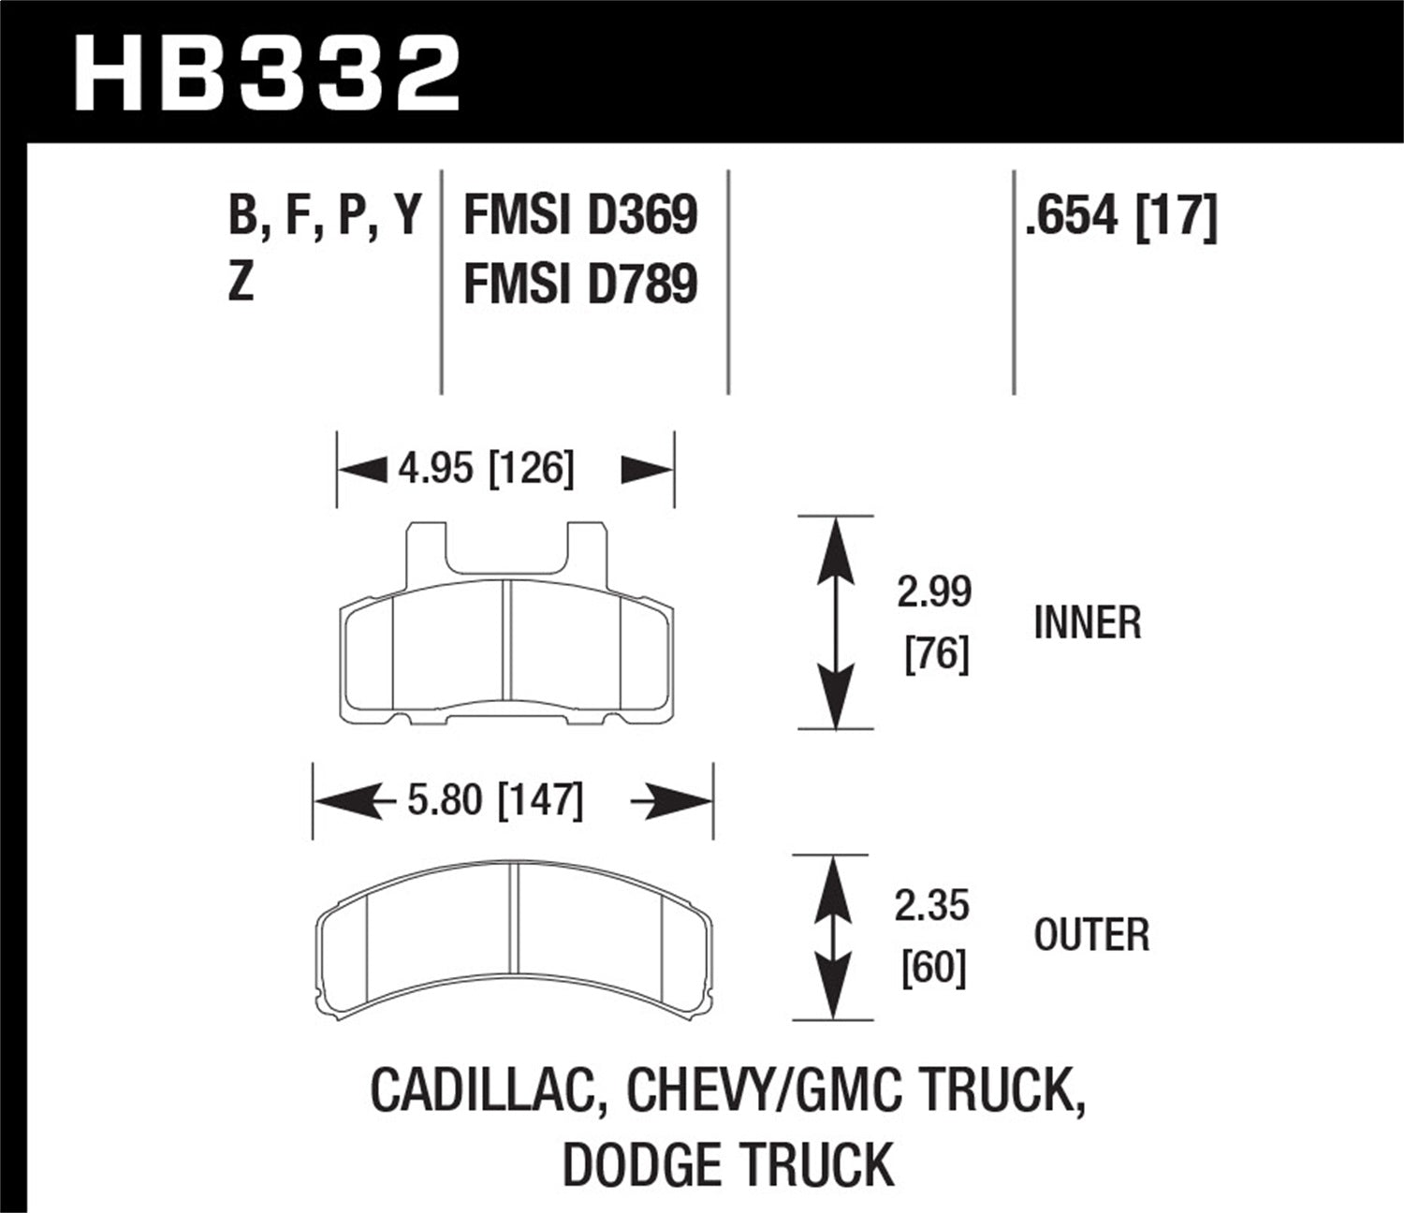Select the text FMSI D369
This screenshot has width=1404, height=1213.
pos(580,216)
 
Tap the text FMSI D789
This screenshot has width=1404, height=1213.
pos(580,284)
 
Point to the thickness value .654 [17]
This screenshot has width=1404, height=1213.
pos(1121,216)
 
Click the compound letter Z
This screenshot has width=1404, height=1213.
pos(241,282)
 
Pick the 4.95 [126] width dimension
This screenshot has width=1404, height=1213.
pos(486,467)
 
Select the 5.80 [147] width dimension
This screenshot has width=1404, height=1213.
pos(495,801)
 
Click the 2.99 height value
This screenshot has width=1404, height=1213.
pos(934,592)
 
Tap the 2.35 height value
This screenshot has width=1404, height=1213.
pos(932,906)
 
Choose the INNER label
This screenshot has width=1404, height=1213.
pos(1088,623)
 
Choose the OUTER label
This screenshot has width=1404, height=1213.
pos(1091,935)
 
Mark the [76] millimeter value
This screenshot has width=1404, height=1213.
pos(936,653)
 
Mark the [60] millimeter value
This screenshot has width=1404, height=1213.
pos(933,967)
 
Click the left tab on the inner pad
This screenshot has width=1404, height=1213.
pos(426,554)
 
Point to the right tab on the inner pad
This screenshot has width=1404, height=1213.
pos(582,554)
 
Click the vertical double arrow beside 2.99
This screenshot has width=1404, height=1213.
pos(835,622)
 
